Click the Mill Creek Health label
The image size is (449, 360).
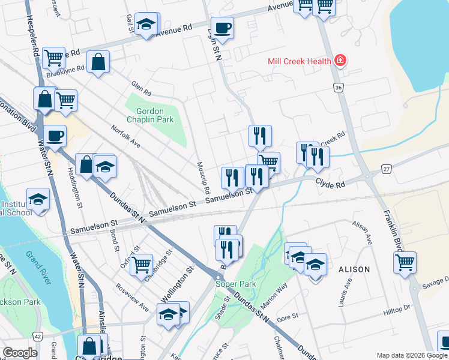click(300, 61)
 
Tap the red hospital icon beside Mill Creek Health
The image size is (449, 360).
click(340, 61)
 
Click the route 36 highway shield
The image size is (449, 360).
click(339, 88)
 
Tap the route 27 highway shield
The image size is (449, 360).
click(386, 170)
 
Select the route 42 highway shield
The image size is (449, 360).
click(38, 337)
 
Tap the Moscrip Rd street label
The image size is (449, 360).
click(203, 177)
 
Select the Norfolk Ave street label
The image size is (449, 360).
click(126, 137)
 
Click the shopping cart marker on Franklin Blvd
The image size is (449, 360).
click(405, 262)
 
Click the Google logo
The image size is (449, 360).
click(20, 353)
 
